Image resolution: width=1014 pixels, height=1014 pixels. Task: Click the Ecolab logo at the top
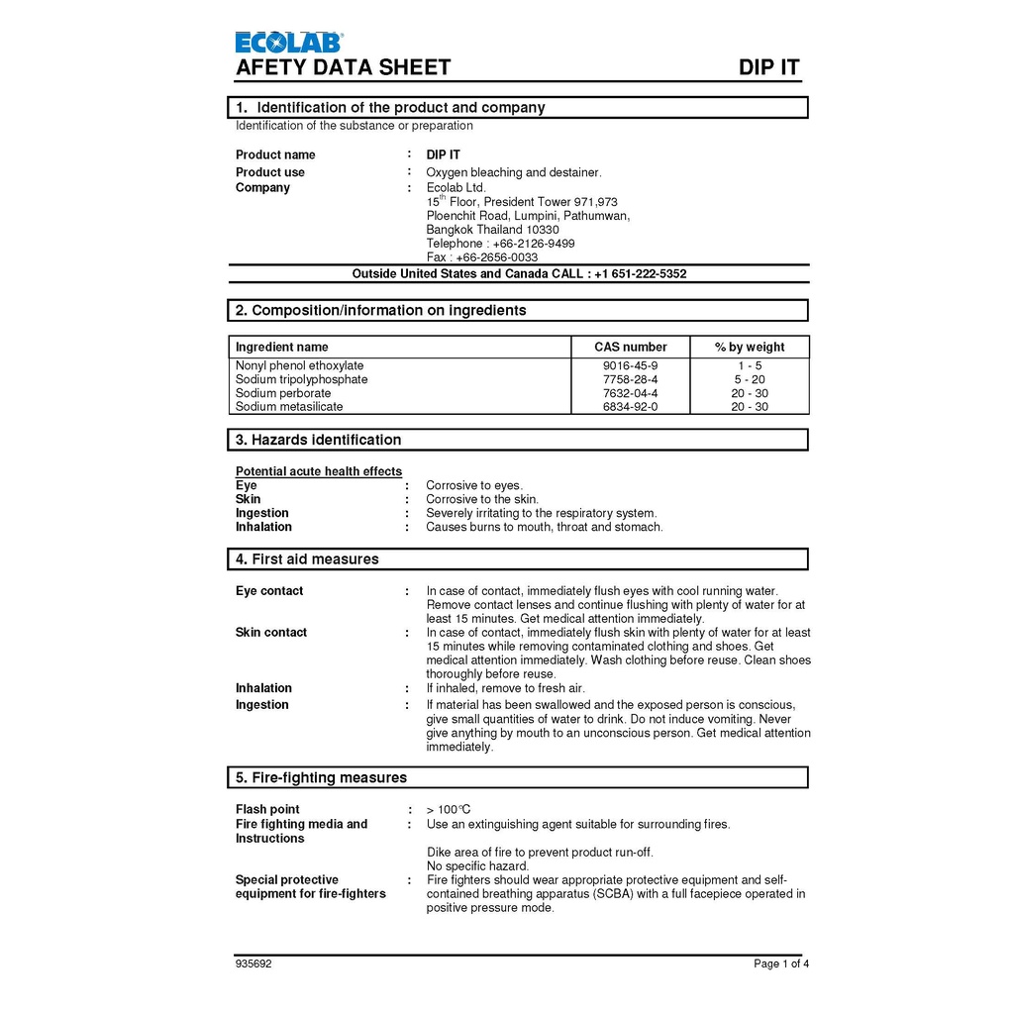(289, 42)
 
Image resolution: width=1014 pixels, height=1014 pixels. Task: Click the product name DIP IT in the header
(768, 67)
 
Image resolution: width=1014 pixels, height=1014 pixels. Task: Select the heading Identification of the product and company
(400, 107)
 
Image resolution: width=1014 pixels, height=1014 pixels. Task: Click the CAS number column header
(630, 348)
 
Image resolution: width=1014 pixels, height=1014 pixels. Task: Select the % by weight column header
(749, 348)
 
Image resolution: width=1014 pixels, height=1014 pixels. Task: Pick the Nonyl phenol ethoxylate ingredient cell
(299, 365)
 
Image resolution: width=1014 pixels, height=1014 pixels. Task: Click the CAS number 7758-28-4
(630, 379)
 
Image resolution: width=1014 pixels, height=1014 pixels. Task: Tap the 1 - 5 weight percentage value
(749, 365)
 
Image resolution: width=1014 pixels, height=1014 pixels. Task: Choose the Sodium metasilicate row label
(289, 407)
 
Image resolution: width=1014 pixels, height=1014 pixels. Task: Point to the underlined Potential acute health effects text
(319, 471)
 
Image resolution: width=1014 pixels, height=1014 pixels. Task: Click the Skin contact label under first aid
(271, 633)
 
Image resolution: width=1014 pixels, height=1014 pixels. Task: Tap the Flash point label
(267, 810)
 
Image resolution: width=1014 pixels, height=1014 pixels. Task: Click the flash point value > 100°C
(449, 810)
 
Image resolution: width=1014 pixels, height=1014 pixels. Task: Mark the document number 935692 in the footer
(253, 963)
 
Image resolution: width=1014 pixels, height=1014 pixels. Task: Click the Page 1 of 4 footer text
(781, 963)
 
